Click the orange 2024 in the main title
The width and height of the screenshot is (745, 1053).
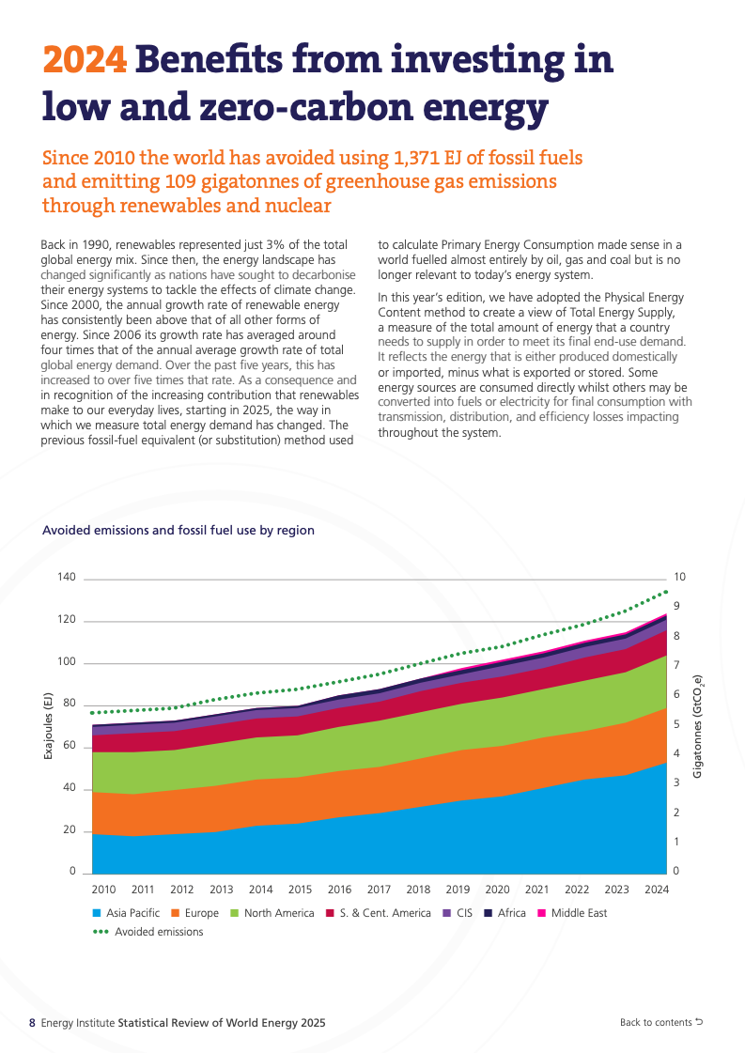(x=85, y=61)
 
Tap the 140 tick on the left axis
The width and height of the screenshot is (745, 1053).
(x=65, y=578)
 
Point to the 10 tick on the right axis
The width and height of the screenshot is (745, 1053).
(x=680, y=577)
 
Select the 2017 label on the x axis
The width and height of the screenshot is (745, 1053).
(x=379, y=890)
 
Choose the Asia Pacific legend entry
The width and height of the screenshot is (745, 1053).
(x=126, y=913)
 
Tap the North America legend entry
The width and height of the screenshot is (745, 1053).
(x=272, y=913)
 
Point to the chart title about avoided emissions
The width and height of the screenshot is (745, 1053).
(x=178, y=531)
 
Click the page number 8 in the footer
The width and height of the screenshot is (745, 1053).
(x=32, y=1023)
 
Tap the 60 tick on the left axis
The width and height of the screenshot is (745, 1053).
(x=69, y=746)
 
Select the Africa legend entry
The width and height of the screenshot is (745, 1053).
(x=504, y=913)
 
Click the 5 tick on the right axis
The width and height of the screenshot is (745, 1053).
(x=676, y=725)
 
